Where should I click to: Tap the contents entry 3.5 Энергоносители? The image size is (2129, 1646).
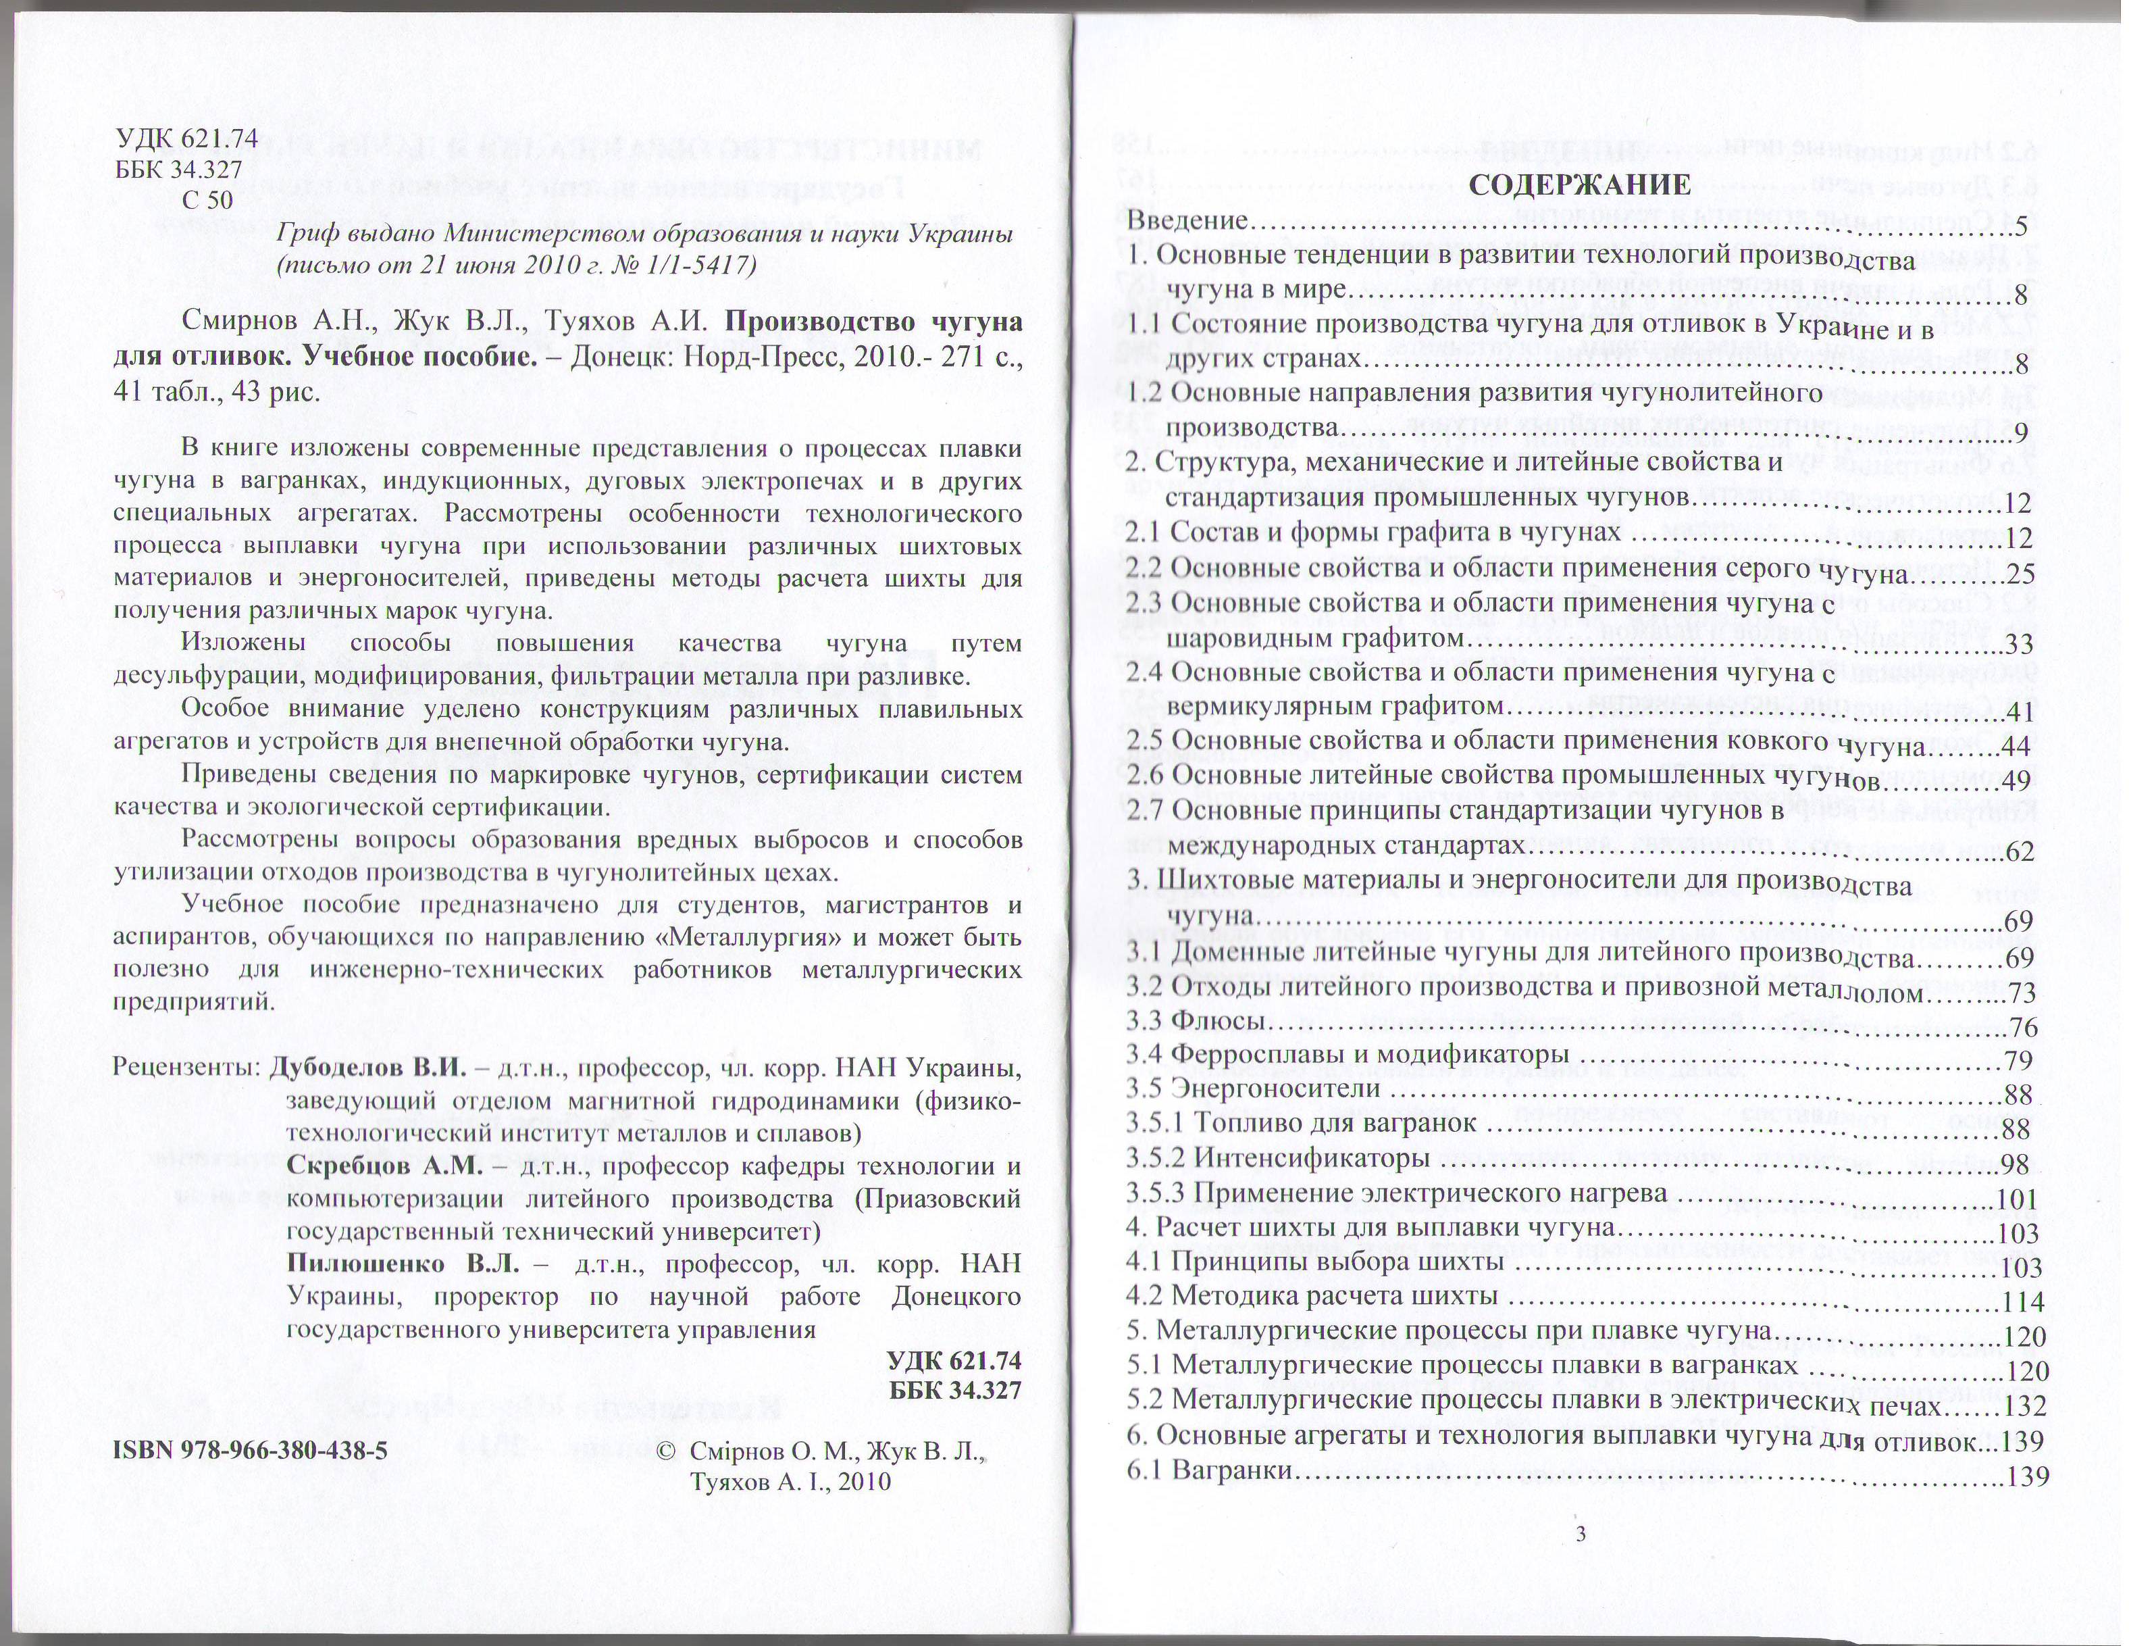1254,1087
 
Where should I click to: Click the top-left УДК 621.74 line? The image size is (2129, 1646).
186,139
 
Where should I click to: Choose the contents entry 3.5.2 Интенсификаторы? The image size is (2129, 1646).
1278,1159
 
